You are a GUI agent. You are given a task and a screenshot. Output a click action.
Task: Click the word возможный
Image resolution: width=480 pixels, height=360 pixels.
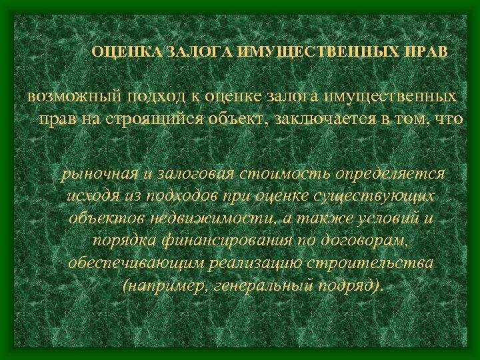pos(71,96)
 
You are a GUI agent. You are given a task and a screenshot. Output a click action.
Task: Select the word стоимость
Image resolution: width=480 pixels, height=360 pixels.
pos(288,174)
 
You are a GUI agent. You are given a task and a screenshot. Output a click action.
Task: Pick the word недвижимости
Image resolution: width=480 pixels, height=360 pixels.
pos(203,219)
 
